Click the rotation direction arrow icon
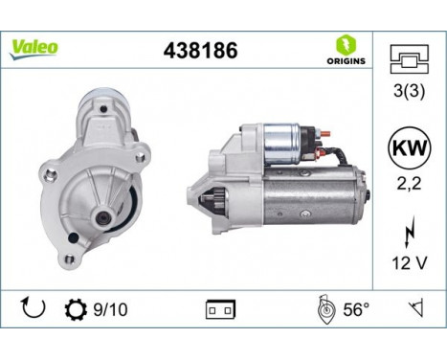pyautogui.click(x=32, y=309)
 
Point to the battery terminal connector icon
pyautogui.click(x=220, y=311)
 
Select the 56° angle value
pyautogui.click(x=354, y=309)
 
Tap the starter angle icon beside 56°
pyautogui.click(x=324, y=309)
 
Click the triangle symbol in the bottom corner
pyautogui.click(x=413, y=309)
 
